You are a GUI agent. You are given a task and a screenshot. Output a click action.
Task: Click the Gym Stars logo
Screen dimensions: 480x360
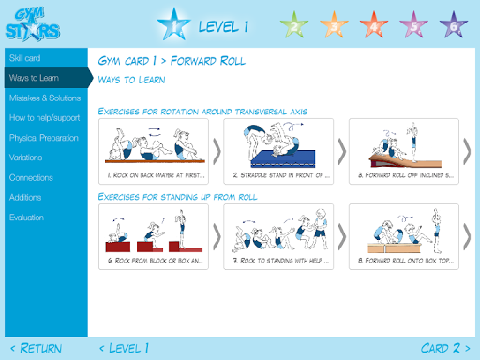click(33, 25)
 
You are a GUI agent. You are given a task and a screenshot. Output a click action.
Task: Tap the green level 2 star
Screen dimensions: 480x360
click(294, 25)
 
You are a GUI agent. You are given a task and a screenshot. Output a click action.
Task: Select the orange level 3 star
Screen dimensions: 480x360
click(334, 25)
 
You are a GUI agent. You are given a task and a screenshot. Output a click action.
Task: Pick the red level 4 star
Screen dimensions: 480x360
click(374, 25)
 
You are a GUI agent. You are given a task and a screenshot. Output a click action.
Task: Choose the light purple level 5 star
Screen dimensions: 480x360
click(413, 25)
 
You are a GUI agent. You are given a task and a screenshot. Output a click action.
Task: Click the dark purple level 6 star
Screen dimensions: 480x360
click(454, 25)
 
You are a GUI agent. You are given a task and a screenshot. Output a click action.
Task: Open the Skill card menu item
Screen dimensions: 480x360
click(24, 58)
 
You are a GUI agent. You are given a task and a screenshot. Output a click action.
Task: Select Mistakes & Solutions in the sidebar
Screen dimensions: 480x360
click(45, 98)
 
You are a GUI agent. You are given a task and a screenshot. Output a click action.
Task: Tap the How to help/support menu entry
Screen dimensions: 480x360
click(44, 118)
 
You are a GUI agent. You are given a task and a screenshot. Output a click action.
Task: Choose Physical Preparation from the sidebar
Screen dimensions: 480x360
click(44, 138)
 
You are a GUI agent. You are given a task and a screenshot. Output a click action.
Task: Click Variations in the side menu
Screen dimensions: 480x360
click(25, 157)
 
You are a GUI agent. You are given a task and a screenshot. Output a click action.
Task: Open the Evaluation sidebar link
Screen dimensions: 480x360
click(26, 217)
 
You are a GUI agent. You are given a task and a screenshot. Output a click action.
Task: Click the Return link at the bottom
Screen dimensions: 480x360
click(37, 348)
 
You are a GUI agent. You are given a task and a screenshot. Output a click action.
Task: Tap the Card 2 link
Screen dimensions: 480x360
click(445, 348)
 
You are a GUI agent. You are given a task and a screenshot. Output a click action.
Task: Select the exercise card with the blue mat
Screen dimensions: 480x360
click(278, 151)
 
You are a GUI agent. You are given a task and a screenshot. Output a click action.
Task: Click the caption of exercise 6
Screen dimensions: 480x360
click(156, 261)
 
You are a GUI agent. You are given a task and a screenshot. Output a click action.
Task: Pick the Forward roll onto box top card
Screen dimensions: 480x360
click(404, 236)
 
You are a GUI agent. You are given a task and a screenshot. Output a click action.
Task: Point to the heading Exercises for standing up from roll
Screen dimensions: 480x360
click(177, 197)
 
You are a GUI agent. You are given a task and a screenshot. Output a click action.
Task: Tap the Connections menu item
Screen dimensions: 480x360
click(31, 178)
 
